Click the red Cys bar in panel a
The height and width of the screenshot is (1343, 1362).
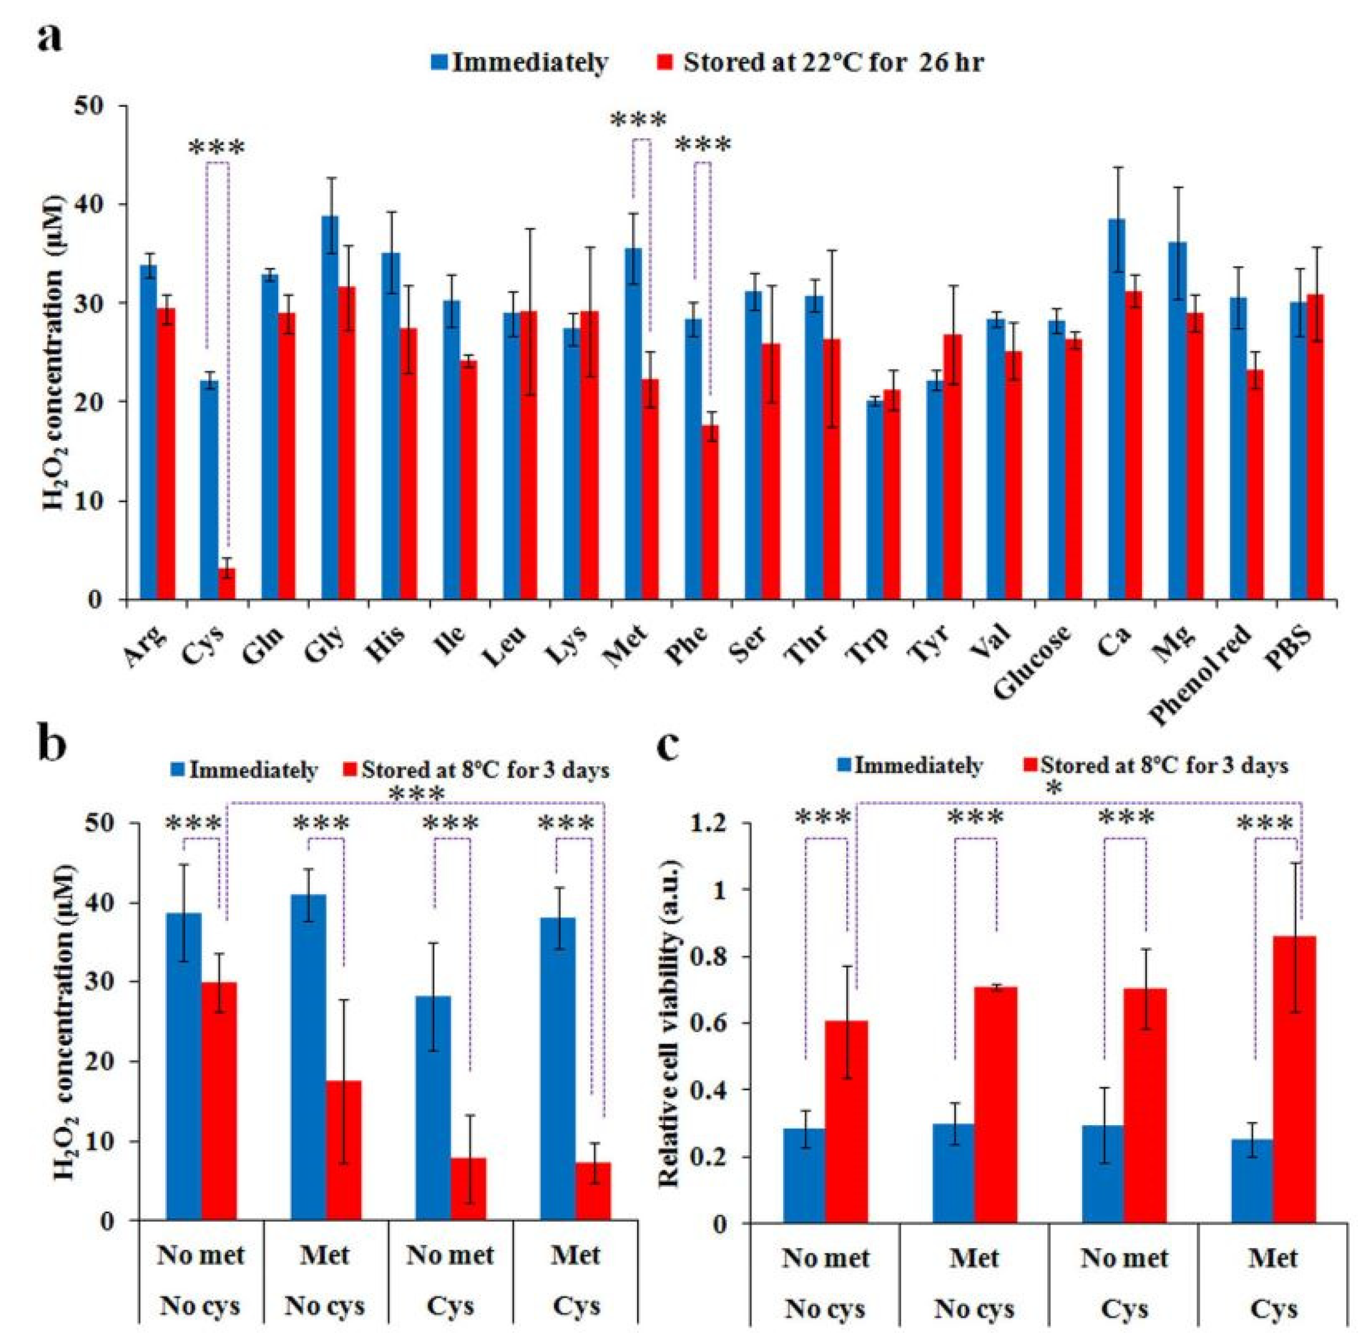click(227, 583)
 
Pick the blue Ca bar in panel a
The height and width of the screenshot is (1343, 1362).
click(1116, 409)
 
